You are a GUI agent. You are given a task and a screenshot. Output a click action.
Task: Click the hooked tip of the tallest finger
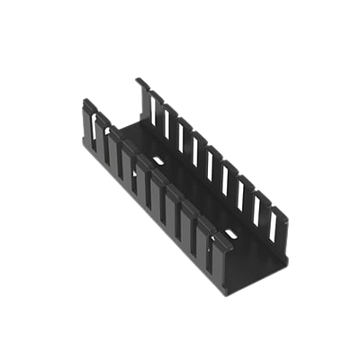tap(138, 81)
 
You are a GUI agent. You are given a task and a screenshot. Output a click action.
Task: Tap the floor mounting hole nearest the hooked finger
tap(158, 159)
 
